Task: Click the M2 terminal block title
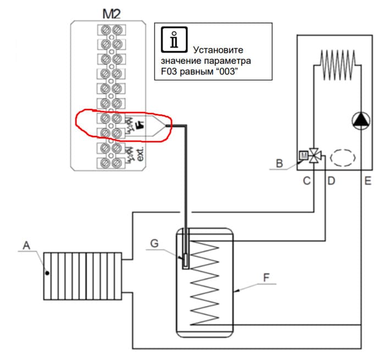tap(112, 14)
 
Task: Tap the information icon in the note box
tap(174, 40)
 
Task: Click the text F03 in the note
tap(169, 71)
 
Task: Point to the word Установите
tap(218, 50)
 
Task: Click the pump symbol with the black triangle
tap(361, 120)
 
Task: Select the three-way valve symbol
tap(314, 156)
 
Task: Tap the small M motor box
tap(304, 156)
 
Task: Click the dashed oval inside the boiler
tap(343, 158)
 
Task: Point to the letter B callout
tap(279, 163)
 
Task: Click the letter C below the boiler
tap(307, 181)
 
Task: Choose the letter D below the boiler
tap(331, 181)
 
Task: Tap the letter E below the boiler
tap(367, 181)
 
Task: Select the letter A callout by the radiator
tap(26, 245)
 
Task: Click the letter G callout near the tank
tap(155, 243)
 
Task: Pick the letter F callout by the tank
tap(266, 278)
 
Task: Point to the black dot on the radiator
tap(47, 273)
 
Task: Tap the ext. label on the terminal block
tap(140, 154)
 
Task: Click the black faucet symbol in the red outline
tap(140, 125)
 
